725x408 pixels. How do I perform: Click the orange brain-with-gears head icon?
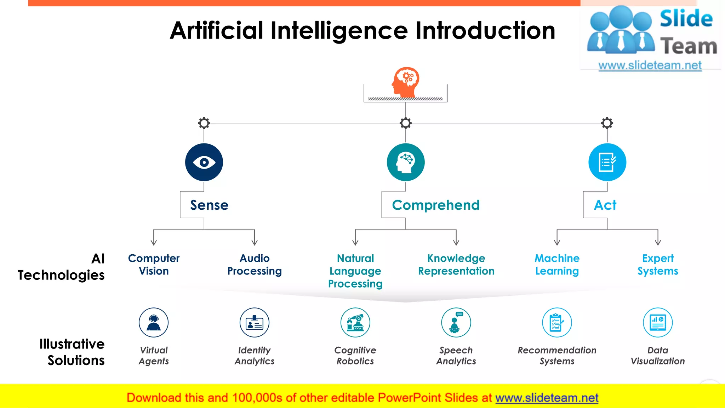tap(406, 82)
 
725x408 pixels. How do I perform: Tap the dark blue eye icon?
tap(204, 162)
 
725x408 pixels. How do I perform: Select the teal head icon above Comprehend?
tap(406, 162)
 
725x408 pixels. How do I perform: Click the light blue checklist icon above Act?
tap(607, 162)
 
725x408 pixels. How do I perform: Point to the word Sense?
tap(209, 205)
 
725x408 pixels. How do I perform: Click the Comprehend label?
tap(435, 205)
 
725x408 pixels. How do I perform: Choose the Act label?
tap(605, 205)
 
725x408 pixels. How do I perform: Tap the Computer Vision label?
tap(154, 265)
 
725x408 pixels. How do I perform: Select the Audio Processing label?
tap(255, 265)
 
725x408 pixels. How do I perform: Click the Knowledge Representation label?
tap(456, 265)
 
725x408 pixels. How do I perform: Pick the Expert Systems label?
tap(658, 265)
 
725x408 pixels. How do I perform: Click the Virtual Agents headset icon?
tap(154, 322)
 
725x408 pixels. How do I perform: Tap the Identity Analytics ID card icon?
tap(255, 322)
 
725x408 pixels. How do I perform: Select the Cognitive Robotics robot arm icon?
tap(355, 322)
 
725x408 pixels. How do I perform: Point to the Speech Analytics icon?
tap(456, 322)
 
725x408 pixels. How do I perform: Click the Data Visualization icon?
tap(658, 322)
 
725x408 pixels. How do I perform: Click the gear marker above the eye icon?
tap(204, 123)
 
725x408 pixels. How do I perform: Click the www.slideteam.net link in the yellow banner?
tap(547, 398)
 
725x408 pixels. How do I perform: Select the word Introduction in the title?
tap(485, 30)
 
